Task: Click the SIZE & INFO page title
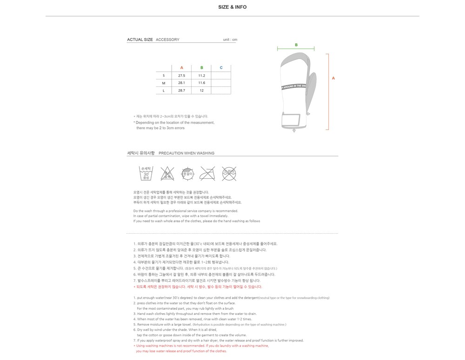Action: click(232, 7)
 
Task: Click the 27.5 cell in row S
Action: click(181, 75)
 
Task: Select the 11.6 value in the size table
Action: click(201, 83)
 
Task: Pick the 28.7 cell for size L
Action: click(181, 91)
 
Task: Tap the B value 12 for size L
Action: click(201, 91)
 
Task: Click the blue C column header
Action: click(221, 68)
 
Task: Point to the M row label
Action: click(163, 83)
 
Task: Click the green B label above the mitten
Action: click(296, 45)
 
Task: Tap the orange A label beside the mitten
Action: click(333, 78)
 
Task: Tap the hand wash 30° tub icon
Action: click(146, 173)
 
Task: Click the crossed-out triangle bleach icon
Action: click(167, 174)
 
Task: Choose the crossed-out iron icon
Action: click(207, 174)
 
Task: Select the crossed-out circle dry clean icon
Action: click(229, 174)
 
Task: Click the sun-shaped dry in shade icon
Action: click(187, 174)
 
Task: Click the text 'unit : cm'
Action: click(230, 40)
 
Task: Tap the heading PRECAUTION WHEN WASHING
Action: click(186, 153)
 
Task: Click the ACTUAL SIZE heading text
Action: click(140, 40)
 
